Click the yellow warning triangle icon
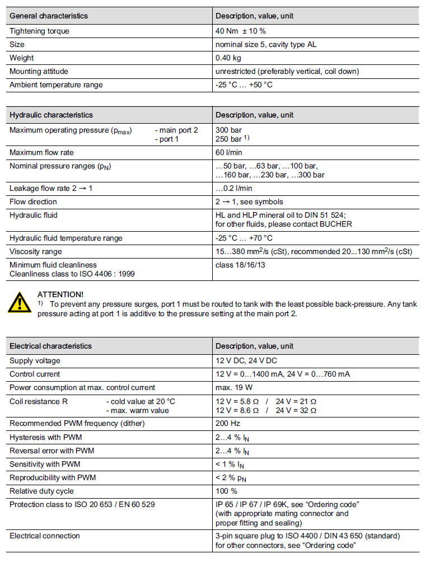20,303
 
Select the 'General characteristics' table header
49,16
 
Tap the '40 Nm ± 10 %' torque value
241,31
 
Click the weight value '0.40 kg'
228,58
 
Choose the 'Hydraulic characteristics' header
52,115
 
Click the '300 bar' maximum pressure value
228,130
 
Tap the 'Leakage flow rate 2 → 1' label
51,188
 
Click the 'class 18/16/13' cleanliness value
241,265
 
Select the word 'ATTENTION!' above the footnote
60,294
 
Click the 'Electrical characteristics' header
51,346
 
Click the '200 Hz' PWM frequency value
227,424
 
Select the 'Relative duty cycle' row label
41,491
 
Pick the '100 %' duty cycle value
227,491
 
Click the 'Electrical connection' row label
45,536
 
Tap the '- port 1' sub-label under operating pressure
169,139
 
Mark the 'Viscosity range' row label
36,251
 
